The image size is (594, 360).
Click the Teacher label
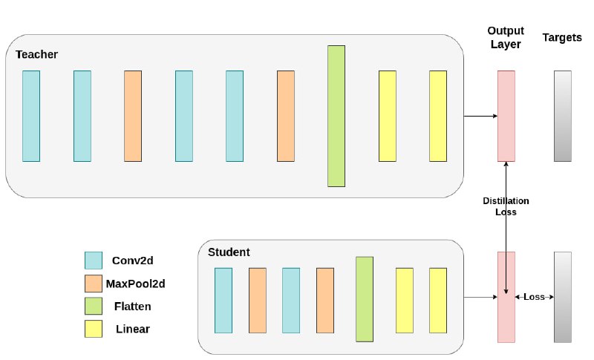[x=36, y=54]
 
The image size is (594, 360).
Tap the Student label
[x=229, y=252]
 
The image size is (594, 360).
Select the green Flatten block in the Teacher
[x=336, y=117]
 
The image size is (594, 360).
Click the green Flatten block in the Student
[x=365, y=299]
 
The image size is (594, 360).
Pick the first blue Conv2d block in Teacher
[x=31, y=117]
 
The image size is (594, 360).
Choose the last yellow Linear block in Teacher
[x=438, y=117]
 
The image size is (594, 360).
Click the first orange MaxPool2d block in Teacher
[x=133, y=117]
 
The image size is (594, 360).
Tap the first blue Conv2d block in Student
[x=223, y=301]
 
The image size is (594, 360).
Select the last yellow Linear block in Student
[x=438, y=301]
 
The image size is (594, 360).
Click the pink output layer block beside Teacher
[x=506, y=117]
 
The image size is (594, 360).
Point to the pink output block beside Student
[x=506, y=297]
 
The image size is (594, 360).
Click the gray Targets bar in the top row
[x=563, y=117]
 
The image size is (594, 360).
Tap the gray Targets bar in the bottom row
[x=563, y=297]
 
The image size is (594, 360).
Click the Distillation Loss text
[x=506, y=206]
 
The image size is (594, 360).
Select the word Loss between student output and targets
[x=534, y=297]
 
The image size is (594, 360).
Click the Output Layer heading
[x=506, y=37]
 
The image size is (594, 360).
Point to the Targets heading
[x=562, y=37]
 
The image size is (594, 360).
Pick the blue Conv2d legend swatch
[x=94, y=261]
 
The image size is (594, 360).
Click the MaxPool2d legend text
[x=136, y=284]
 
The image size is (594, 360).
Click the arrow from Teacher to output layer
[x=480, y=116]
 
